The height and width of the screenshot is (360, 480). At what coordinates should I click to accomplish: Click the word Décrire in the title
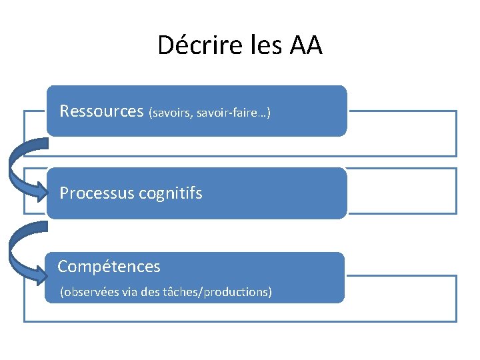point(189,45)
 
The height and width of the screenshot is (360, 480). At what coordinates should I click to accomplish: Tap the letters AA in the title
point(306,45)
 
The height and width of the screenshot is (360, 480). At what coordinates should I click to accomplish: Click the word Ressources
point(101,111)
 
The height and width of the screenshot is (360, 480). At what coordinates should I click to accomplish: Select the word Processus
point(97,193)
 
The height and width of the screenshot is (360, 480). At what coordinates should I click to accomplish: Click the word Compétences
point(109,267)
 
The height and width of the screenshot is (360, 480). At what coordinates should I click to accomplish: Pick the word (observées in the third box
point(90,292)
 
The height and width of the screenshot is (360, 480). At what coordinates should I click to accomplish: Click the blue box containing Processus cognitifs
point(267,193)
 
